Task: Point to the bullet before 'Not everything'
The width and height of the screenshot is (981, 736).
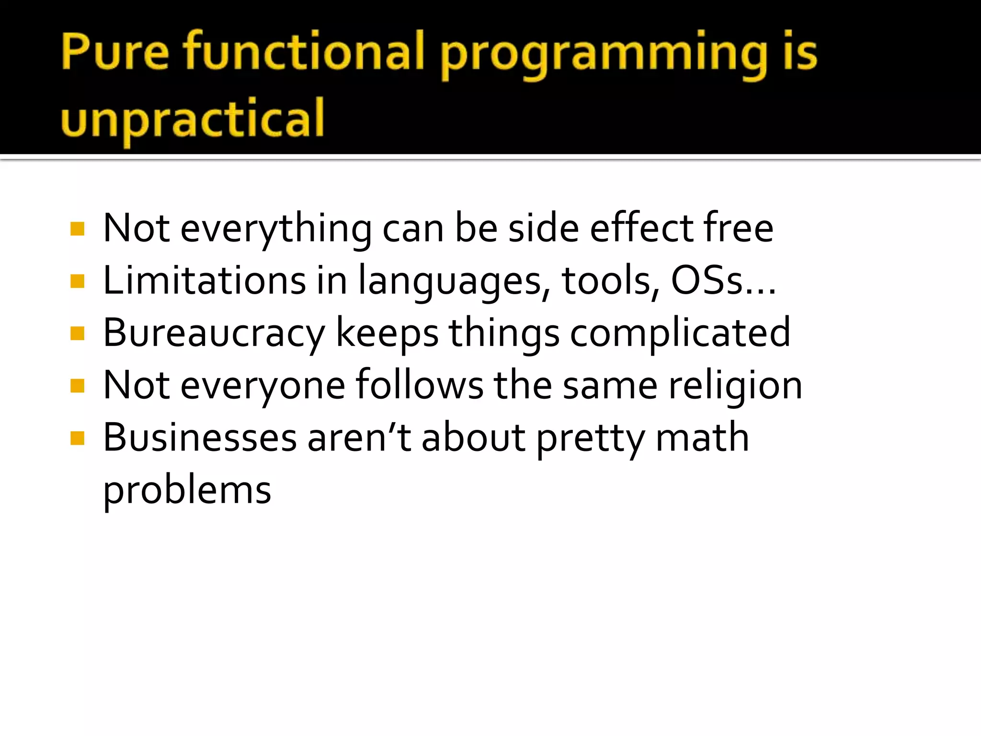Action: pos(77,229)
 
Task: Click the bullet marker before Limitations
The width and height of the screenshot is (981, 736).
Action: pos(77,281)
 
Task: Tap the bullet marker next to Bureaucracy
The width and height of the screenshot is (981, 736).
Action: pos(77,333)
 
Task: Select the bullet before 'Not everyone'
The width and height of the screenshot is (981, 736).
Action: pos(77,386)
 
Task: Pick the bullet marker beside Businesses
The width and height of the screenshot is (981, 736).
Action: pos(77,438)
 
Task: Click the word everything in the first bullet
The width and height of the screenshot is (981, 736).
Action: pos(276,230)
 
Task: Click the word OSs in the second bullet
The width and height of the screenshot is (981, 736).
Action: pos(707,281)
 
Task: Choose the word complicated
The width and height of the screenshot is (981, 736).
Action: pos(680,334)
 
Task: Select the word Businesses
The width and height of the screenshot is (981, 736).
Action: pos(200,438)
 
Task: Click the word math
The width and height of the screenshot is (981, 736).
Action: pos(702,438)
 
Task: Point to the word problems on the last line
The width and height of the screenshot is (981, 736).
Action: pos(187,492)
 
